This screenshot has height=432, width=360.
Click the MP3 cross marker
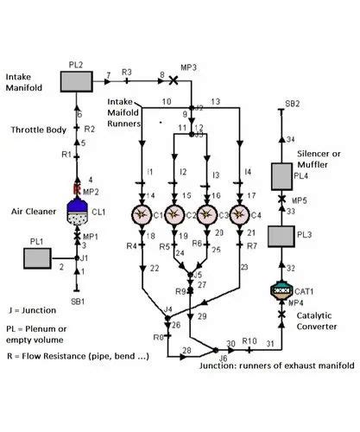[x=173, y=80]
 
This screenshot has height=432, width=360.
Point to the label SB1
[x=79, y=302]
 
